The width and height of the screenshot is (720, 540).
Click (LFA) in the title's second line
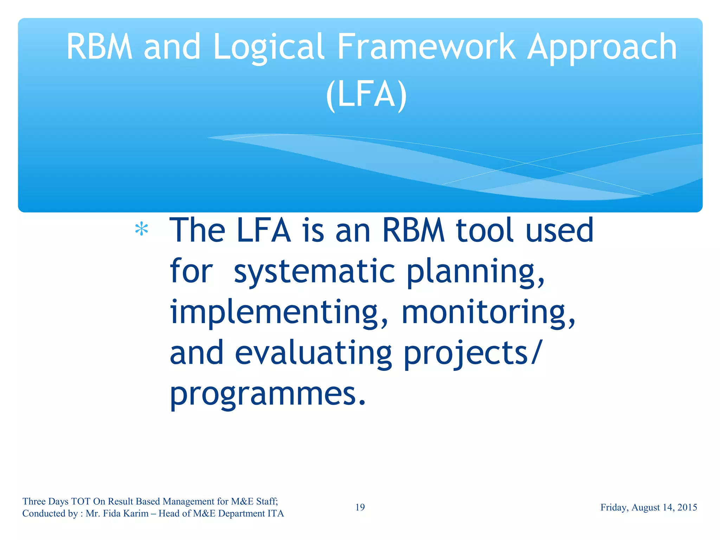(x=366, y=94)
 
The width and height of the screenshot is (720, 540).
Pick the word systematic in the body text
(x=315, y=271)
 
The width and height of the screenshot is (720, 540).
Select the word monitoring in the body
(x=488, y=312)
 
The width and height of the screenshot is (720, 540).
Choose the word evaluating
(x=313, y=353)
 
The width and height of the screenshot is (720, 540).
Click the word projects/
(x=471, y=353)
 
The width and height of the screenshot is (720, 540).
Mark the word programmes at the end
(x=267, y=394)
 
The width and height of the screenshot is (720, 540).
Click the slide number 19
(x=360, y=507)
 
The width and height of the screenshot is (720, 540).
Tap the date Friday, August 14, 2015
(x=649, y=507)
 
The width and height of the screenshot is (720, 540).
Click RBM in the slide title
(x=99, y=47)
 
